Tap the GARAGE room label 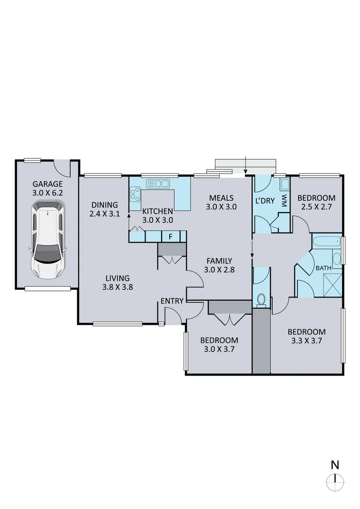(x=47, y=184)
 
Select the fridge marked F (x=170, y=236)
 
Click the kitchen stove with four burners (x=135, y=194)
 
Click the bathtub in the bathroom (x=326, y=242)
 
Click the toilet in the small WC (x=261, y=299)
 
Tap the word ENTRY (x=171, y=301)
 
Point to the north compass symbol (x=335, y=482)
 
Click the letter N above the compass (x=335, y=464)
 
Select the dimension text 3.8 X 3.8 (x=117, y=286)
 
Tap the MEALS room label (x=221, y=198)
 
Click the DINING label (x=105, y=205)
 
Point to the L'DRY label (x=265, y=200)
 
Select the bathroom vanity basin (x=337, y=259)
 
